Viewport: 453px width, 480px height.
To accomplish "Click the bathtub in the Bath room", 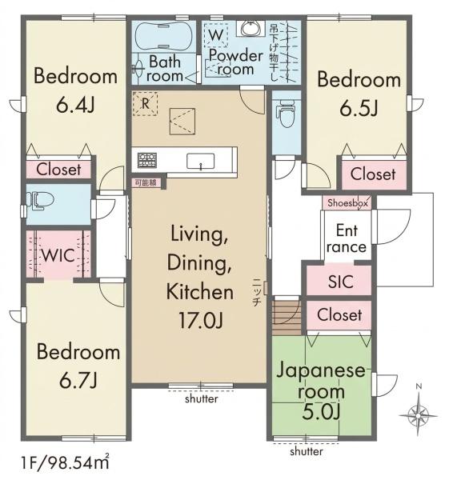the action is [164, 36].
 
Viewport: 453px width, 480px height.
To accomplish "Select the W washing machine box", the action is [216, 35].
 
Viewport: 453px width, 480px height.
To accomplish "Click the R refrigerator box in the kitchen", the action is [145, 103].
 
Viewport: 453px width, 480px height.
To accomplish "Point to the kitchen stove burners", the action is [147, 160].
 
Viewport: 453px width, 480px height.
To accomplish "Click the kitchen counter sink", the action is [201, 161].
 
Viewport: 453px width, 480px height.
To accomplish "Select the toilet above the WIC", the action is [39, 200].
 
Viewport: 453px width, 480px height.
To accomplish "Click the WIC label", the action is [58, 255].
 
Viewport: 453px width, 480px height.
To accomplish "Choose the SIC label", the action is [340, 282].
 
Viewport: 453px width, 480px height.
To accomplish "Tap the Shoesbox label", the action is [347, 203].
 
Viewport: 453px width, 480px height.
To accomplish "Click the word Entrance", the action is [347, 238].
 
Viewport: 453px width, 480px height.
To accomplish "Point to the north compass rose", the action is [418, 414].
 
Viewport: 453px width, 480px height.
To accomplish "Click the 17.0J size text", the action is [201, 320].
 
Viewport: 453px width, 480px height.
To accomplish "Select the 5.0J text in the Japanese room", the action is [321, 412].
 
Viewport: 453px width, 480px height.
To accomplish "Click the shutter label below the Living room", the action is [202, 399].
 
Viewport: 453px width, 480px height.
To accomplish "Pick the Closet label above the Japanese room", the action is [339, 314].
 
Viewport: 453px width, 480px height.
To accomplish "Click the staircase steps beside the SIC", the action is [287, 318].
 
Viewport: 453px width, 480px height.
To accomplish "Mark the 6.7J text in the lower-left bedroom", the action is [78, 380].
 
